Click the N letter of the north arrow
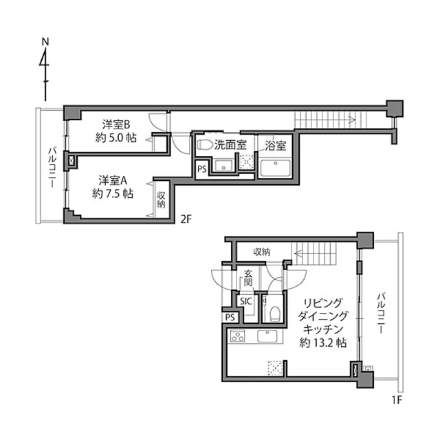45,42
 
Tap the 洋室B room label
116,124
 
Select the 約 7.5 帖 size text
113,194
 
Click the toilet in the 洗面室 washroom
206,145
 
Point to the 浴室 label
275,146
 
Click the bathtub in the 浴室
275,168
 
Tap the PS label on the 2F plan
201,169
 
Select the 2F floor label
186,219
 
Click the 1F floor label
397,400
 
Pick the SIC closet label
246,301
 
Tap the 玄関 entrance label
247,278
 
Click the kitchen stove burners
237,336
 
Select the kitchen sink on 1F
267,336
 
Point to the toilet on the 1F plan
275,313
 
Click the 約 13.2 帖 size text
323,342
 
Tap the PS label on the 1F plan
230,318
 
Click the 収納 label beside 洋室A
161,199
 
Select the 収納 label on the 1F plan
262,252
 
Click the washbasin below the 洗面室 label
223,165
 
